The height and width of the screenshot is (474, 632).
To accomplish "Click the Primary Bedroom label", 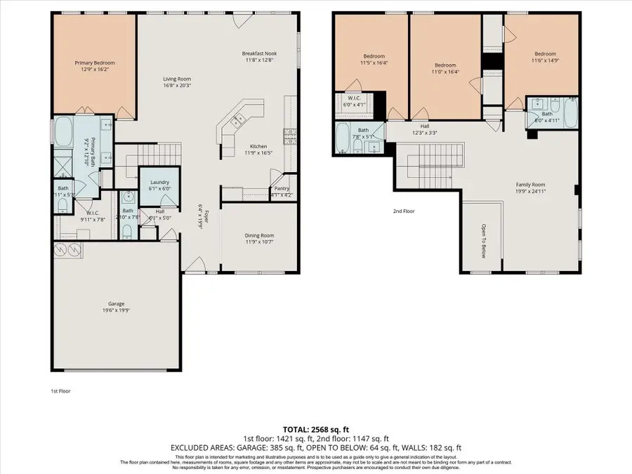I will (95, 63).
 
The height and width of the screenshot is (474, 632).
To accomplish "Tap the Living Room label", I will (177, 79).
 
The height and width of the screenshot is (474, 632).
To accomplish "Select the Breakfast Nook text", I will (259, 53).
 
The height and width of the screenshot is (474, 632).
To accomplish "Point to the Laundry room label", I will (159, 183).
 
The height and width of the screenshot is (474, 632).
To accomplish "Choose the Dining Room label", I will (259, 235).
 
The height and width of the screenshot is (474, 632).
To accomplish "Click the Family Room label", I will (530, 185).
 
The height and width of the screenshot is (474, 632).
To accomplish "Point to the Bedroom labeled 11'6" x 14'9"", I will (545, 54).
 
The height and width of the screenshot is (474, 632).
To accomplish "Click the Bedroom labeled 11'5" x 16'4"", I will (374, 56).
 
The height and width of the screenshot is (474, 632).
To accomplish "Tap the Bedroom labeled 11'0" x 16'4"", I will (445, 65).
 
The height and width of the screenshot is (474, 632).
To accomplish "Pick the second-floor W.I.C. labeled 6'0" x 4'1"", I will (354, 98).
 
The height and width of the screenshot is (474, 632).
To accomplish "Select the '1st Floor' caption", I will (60, 390).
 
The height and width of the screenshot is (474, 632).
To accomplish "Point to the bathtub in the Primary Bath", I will (64, 132).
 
